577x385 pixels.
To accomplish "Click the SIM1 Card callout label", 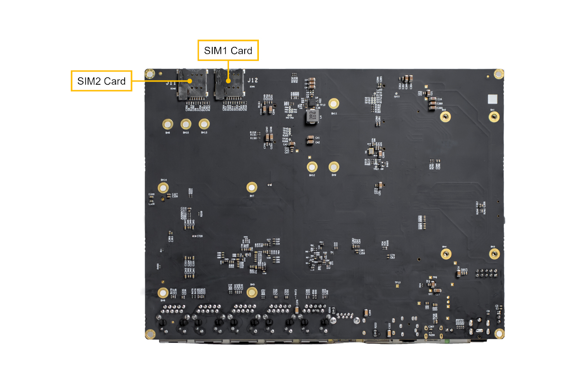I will (x=228, y=50).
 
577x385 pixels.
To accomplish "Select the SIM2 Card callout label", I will (x=102, y=81).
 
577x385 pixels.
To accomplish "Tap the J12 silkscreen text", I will (x=253, y=80).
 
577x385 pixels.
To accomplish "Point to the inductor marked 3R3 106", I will (x=312, y=115).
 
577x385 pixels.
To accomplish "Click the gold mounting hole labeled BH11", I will (x=334, y=104).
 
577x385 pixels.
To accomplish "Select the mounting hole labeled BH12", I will (x=312, y=167).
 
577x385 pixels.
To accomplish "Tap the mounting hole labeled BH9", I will (x=334, y=167).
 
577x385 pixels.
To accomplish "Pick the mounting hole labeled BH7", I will (x=252, y=187).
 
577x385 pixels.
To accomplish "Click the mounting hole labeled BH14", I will (x=163, y=188).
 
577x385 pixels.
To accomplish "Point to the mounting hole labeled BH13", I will (x=204, y=124).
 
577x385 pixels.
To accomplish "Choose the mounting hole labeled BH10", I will (x=186, y=124).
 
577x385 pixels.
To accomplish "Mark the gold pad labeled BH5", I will (x=252, y=293).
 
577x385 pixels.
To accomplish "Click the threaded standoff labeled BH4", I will (x=446, y=254).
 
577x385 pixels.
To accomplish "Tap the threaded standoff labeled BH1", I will (x=494, y=117).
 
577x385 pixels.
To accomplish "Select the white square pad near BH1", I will (x=492, y=99).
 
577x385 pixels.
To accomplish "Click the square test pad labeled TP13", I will (x=397, y=286).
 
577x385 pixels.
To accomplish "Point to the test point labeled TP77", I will (x=396, y=94).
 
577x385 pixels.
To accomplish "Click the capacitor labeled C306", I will (x=365, y=312).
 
